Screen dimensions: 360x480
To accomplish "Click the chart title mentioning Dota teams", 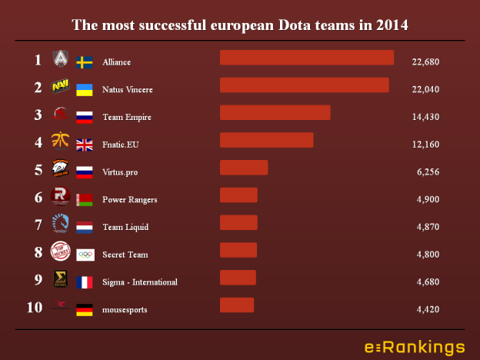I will point(240,25).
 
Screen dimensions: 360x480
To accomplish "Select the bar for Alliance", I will point(306,58).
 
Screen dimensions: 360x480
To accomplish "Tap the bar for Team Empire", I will point(275,113).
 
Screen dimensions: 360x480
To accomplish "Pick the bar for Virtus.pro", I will point(244,168).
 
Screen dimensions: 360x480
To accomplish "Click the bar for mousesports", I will point(236,305).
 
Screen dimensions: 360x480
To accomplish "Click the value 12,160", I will point(422,145).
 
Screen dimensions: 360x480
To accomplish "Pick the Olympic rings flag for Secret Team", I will point(85,255).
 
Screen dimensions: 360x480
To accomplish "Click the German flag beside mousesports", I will point(85,310).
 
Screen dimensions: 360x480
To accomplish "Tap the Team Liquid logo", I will point(60,224).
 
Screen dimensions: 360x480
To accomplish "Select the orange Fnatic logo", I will point(60,141).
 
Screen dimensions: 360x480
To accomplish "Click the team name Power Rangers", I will point(129,200).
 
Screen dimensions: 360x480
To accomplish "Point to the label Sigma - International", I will point(139,282).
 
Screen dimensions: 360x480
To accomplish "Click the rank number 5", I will point(37,170).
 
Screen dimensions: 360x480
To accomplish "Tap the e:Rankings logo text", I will point(414,346).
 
